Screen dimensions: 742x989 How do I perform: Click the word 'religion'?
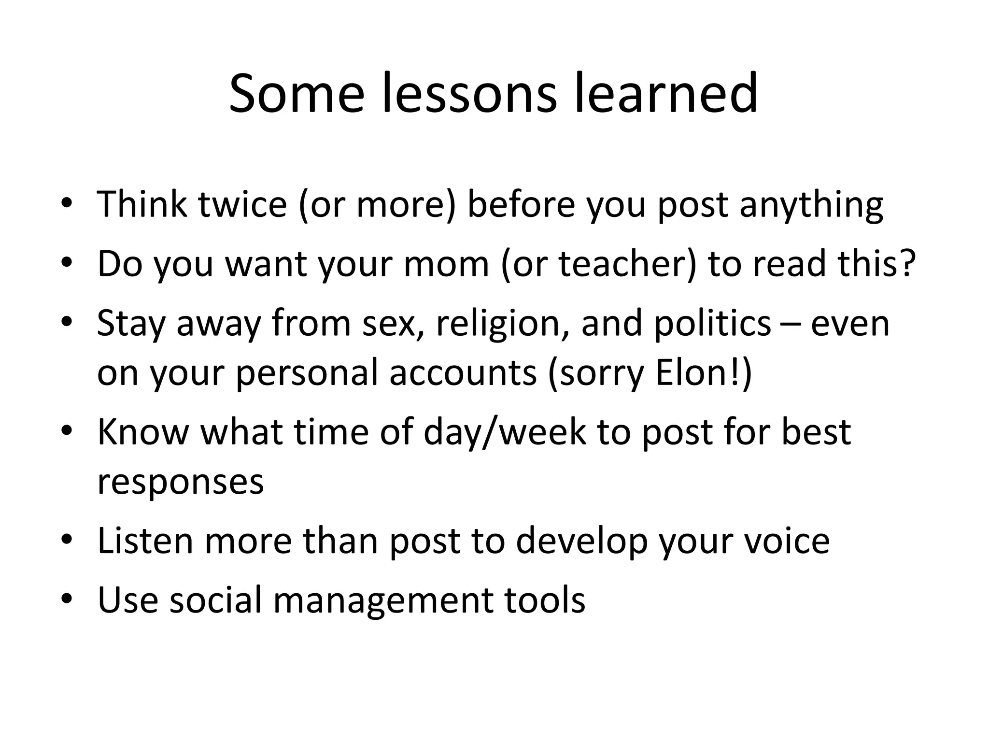point(503,323)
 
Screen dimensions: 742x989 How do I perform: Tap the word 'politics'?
point(713,323)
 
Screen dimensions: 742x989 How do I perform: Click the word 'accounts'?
point(463,373)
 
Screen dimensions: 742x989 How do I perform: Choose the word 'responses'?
point(181,482)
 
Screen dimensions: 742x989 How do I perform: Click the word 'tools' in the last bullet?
point(545,599)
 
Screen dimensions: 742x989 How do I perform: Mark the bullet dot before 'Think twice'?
point(67,202)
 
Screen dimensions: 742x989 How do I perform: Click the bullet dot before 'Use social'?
point(67,599)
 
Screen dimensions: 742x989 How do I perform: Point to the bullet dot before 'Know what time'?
point(67,430)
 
